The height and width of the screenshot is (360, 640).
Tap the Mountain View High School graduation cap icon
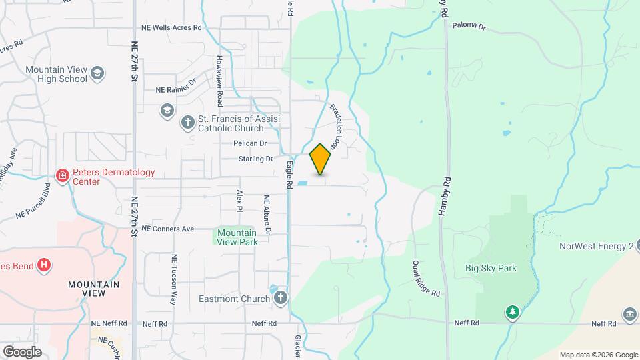click(x=97, y=73)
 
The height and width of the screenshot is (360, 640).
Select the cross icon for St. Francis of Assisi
click(x=188, y=122)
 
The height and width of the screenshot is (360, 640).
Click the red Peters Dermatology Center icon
click(x=63, y=176)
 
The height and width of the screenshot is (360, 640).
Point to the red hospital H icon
click(x=44, y=265)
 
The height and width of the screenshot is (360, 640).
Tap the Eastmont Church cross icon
click(x=281, y=298)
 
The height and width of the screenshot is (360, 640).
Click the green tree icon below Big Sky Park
click(x=511, y=311)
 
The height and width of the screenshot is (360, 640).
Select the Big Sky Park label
click(x=491, y=269)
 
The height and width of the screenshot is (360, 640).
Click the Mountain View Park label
click(x=237, y=237)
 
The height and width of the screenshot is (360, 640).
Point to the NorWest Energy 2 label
click(x=595, y=246)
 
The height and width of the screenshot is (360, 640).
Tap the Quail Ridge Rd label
click(x=426, y=278)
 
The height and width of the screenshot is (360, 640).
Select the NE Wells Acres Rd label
click(x=171, y=28)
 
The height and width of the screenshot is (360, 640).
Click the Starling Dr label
click(x=256, y=159)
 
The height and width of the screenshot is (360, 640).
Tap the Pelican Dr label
click(x=250, y=143)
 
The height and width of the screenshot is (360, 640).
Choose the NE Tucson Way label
click(x=175, y=279)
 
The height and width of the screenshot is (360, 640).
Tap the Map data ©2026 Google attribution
click(x=598, y=355)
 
